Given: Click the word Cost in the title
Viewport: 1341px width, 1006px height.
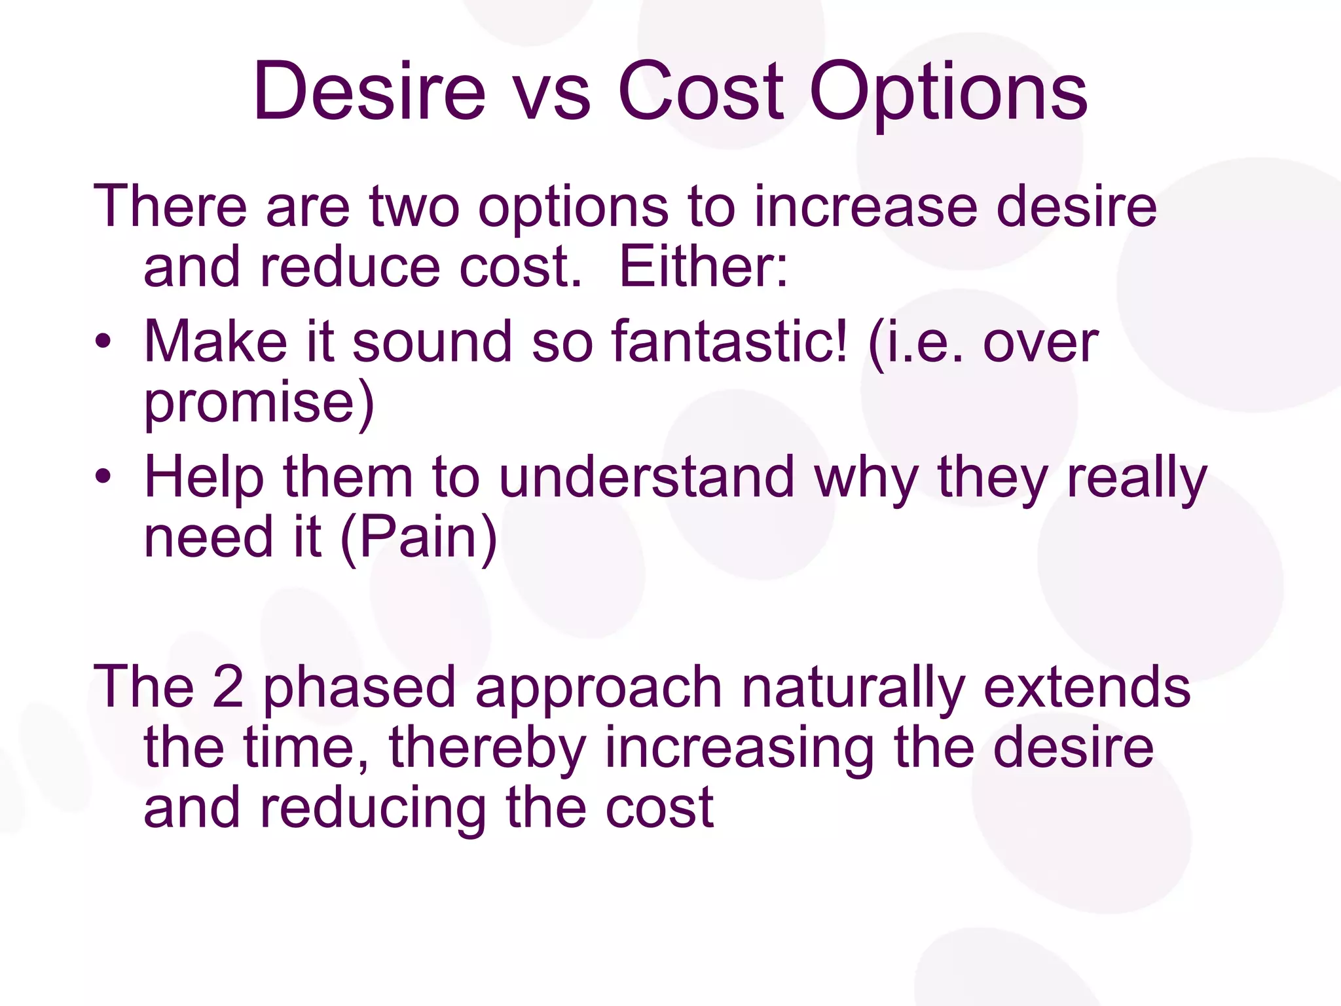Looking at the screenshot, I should coord(701,92).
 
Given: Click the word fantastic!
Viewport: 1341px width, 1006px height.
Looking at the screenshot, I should coord(729,342).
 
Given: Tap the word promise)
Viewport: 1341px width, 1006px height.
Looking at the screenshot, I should coord(259,403).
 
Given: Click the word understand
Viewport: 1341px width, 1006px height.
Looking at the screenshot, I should coord(646,477).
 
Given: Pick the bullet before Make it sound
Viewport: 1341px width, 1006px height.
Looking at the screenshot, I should coord(103,342).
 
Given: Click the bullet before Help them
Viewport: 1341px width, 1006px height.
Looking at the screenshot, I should coord(103,477).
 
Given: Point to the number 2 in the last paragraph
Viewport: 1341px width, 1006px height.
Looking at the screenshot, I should coord(229,687).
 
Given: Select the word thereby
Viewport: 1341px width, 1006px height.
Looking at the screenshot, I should coord(488,749).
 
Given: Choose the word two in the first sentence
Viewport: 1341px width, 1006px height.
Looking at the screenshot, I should coord(414,207).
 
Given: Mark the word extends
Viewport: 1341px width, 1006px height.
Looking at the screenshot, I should coord(1087,687).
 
